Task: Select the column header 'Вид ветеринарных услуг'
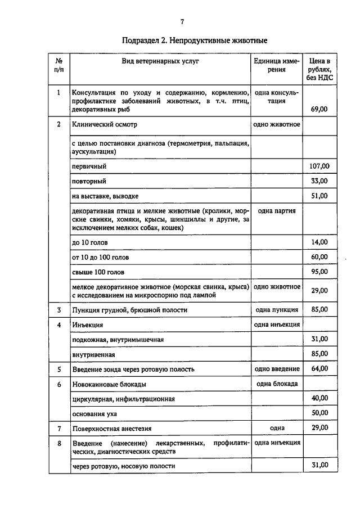tap(161, 61)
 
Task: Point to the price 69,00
tap(319, 109)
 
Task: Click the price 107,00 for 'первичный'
tap(319, 166)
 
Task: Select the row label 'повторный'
tap(89, 181)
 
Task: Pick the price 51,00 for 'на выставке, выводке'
tap(319, 196)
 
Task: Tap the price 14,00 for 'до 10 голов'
tap(319, 242)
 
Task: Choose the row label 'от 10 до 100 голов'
tap(100, 257)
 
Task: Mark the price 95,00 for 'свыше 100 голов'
tap(319, 272)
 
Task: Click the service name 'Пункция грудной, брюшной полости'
tap(133, 310)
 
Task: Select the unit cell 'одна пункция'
tap(277, 309)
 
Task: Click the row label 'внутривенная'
tap(93, 354)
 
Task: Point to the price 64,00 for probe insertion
tap(319, 369)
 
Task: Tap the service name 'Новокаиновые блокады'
tap(109, 384)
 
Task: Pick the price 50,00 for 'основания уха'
tap(319, 413)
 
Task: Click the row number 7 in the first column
tap(58, 428)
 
